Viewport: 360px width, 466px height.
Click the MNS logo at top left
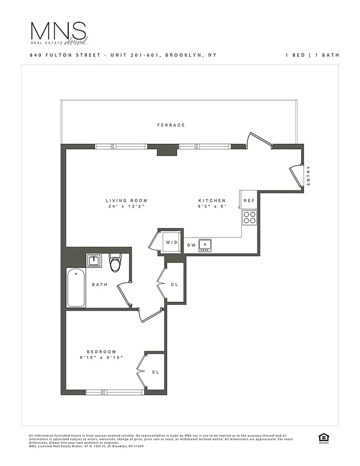pos(58,33)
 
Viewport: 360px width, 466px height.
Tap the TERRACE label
pos(171,125)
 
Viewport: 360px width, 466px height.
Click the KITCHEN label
pos(211,200)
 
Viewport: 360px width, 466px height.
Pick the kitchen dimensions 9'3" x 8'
pos(211,207)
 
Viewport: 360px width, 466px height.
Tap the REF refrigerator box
pos(249,200)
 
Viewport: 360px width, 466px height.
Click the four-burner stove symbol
pos(249,218)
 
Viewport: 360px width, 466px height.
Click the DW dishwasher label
pos(192,245)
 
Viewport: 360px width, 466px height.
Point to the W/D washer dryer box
pos(171,242)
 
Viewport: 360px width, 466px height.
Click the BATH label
pos(98,285)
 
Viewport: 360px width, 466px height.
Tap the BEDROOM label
pos(101,352)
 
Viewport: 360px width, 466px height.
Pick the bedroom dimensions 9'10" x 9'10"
pos(101,358)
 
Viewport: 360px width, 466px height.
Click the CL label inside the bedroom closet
pos(155,372)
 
